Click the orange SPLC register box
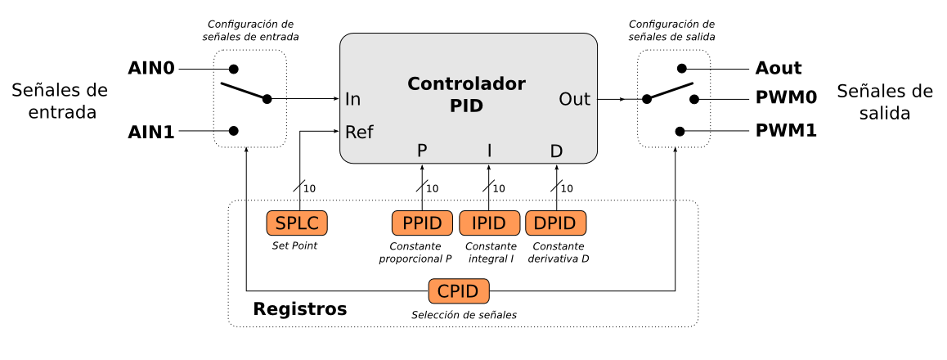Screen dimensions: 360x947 click(x=297, y=223)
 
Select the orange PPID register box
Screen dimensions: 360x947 click(x=422, y=223)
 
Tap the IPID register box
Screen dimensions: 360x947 click(x=489, y=223)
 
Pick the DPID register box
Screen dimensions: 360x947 click(x=556, y=223)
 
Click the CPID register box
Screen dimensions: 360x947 click(x=459, y=290)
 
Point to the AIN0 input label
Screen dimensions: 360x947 click(x=151, y=68)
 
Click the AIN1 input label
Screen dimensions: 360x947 click(x=151, y=131)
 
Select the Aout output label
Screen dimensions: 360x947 click(x=779, y=68)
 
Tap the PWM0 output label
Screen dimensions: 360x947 click(x=787, y=99)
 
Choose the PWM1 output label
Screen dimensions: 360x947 click(x=787, y=130)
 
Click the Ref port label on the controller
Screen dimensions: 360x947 click(x=359, y=132)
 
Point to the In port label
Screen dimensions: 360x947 click(x=352, y=100)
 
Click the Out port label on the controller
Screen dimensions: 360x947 click(x=574, y=99)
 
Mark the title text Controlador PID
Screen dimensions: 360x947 click(x=467, y=94)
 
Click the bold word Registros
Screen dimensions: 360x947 click(x=300, y=309)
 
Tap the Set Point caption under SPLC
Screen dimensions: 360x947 click(x=294, y=245)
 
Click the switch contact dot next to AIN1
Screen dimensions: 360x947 click(x=234, y=130)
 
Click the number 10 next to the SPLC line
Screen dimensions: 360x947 click(x=309, y=189)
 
